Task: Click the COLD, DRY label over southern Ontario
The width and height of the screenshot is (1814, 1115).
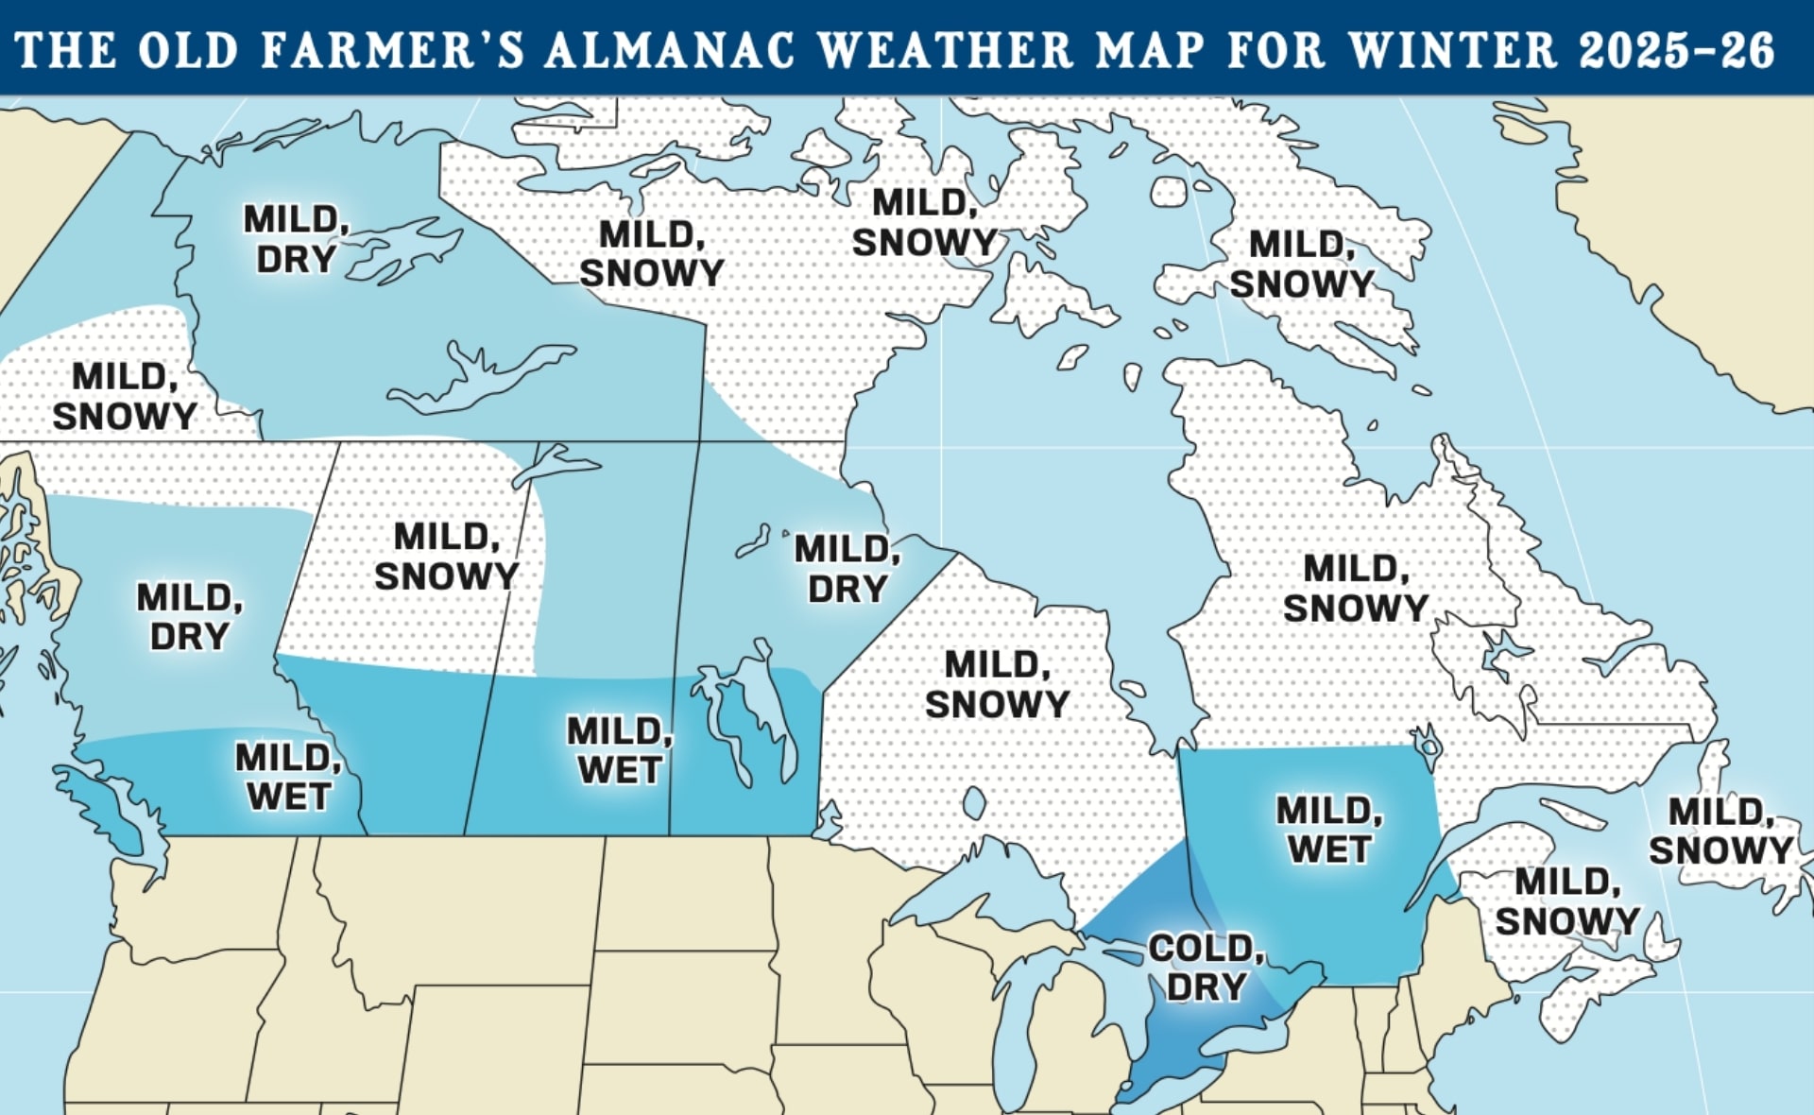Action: pos(1206,968)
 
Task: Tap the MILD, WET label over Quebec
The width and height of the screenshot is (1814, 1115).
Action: pos(1328,830)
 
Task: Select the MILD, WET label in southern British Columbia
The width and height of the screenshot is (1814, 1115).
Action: pos(287,777)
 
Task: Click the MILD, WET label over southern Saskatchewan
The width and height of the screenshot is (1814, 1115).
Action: pos(619,750)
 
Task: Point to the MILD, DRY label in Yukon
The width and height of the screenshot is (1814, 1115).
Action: pos(297,239)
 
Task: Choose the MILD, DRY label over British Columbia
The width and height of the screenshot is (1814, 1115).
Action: pos(189,617)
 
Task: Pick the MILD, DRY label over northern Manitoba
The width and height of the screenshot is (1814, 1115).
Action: pos(847,569)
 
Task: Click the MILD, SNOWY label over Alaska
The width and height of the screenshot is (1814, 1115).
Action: pos(124,397)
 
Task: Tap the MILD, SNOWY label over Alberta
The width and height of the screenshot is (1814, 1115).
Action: pos(446,557)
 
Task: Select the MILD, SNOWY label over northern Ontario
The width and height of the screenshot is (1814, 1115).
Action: pos(997,684)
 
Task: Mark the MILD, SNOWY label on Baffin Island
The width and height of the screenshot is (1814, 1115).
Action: pos(1301,264)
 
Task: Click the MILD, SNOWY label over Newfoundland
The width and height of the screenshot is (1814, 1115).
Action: pos(1720,831)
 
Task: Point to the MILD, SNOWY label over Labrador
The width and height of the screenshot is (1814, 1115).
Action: pos(1356,588)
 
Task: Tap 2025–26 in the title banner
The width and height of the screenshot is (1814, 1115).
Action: pos(1676,50)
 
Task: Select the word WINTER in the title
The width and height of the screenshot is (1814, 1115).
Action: pos(1453,50)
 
